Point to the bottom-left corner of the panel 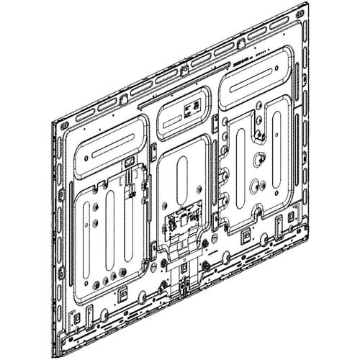(x=60, y=356)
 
